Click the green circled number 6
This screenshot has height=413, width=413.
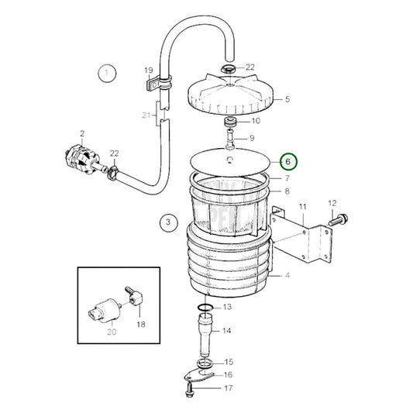coord(287,162)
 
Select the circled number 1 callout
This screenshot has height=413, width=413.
coord(107,74)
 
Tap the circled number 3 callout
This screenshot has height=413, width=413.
coord(166,223)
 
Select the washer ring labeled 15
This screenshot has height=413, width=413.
coord(204,363)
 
